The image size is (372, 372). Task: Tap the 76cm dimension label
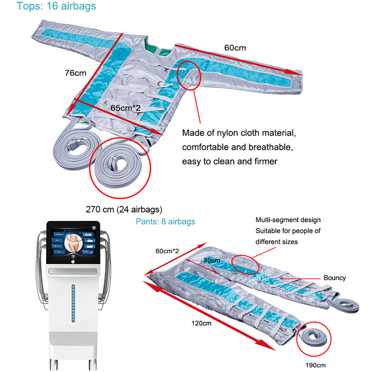click(x=75, y=73)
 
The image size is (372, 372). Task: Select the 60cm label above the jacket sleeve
click(x=235, y=47)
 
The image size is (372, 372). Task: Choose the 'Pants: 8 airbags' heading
click(x=165, y=221)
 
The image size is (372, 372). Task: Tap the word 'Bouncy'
click(x=334, y=278)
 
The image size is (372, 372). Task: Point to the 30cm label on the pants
click(x=212, y=260)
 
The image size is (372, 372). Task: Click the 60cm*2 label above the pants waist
click(x=168, y=251)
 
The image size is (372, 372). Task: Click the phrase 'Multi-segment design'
click(x=288, y=219)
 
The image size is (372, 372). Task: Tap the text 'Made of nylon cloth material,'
click(x=238, y=133)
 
